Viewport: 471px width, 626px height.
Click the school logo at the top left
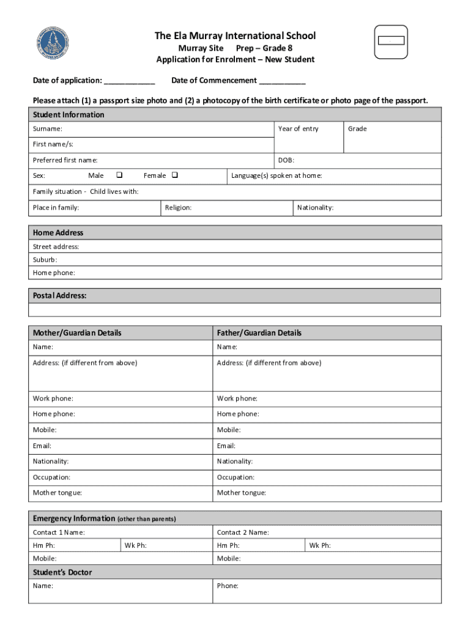[x=53, y=43]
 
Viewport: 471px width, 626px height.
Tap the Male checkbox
[x=119, y=175]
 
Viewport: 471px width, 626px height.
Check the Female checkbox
[x=175, y=175]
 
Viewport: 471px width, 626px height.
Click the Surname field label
[x=47, y=129]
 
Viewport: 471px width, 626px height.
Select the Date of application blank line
[x=129, y=81]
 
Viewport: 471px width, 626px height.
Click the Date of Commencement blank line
[x=282, y=81]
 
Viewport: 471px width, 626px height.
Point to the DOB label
[x=286, y=160]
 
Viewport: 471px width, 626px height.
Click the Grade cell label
[x=357, y=129]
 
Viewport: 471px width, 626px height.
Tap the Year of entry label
[x=298, y=129]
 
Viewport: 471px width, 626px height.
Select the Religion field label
[x=178, y=208]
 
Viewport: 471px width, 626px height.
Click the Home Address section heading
[x=58, y=233]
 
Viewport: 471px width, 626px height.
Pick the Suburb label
[x=45, y=260]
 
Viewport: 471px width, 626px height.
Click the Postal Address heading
[x=59, y=296]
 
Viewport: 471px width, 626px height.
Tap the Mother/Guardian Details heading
[x=77, y=333]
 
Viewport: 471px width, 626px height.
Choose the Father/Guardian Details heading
[x=259, y=333]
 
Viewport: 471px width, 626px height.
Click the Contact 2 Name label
[x=243, y=532]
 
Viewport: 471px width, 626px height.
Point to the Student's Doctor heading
[x=62, y=573]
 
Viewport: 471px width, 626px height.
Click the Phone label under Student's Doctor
[x=228, y=586]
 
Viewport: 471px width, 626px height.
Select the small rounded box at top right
[x=390, y=42]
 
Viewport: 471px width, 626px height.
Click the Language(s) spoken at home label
[x=276, y=175]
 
